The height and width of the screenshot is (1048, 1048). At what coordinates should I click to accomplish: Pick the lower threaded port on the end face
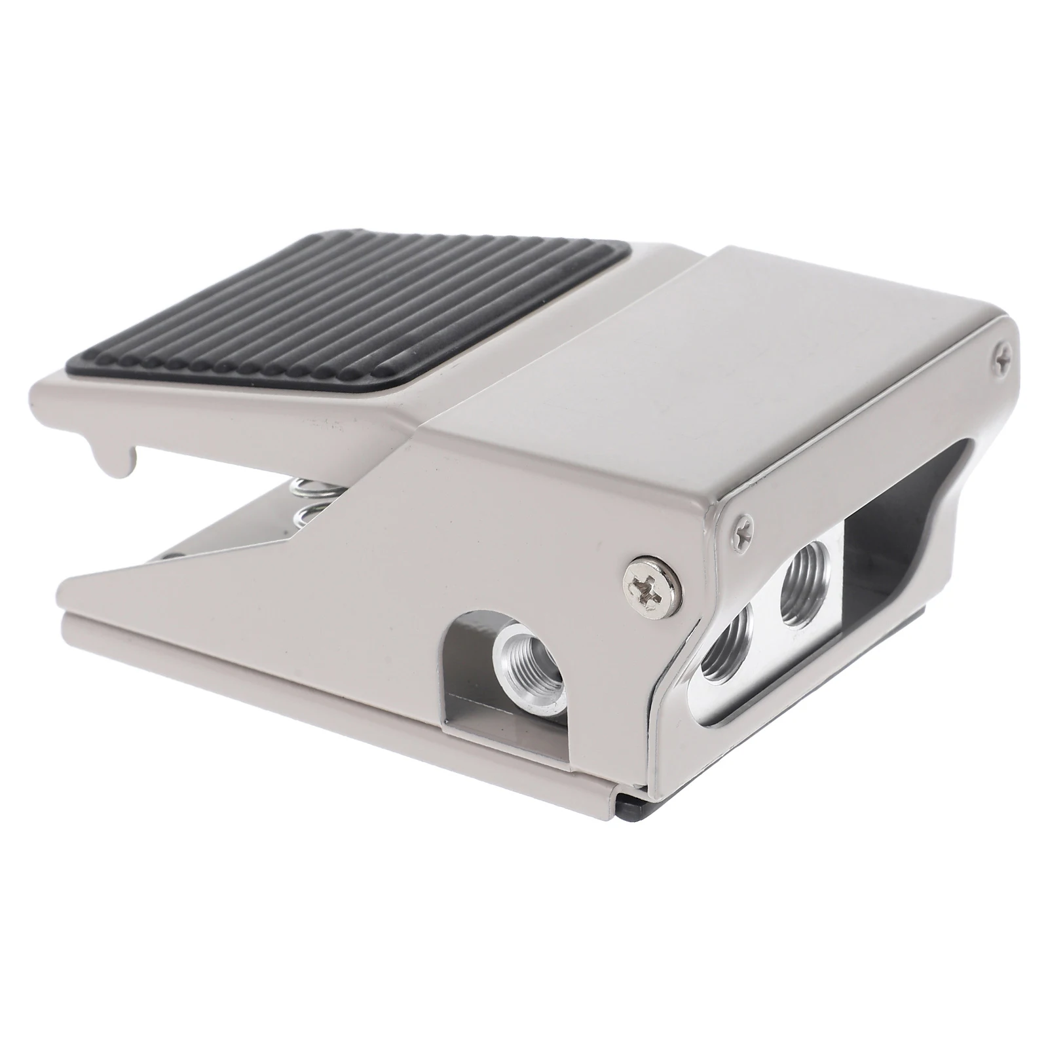click(726, 665)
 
